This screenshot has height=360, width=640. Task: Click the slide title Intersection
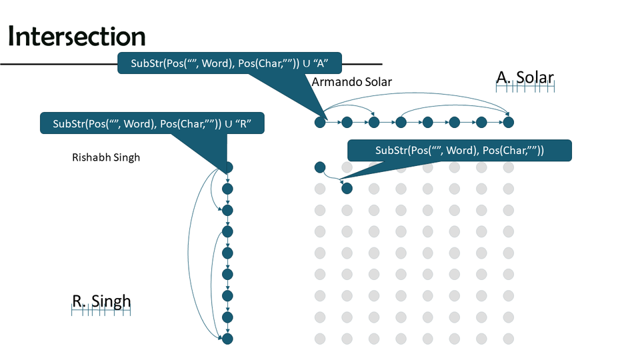tap(77, 37)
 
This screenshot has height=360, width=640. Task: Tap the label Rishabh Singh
tap(105, 158)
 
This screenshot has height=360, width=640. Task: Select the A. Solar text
tap(525, 77)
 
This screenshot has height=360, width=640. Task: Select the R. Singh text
tap(101, 301)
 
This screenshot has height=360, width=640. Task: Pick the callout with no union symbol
tap(459, 151)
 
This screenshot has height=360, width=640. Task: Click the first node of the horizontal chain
tap(320, 122)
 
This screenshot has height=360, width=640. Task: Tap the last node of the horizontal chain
tap(509, 122)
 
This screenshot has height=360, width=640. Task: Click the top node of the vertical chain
tap(227, 167)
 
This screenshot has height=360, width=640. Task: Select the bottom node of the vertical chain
tap(227, 339)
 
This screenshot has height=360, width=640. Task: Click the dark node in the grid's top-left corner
tap(319, 167)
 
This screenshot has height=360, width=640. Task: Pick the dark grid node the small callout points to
tap(347, 189)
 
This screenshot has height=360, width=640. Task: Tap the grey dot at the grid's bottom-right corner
tap(509, 339)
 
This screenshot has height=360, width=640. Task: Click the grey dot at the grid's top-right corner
tap(509, 167)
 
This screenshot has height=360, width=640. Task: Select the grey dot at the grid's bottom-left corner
tap(319, 339)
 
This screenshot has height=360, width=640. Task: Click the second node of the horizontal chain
tap(347, 122)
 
